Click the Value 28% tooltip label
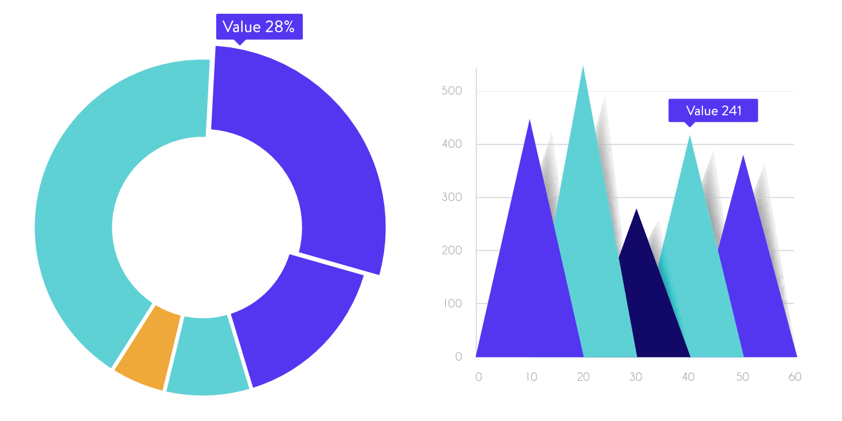pyautogui.click(x=259, y=27)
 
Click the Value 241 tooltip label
pyautogui.click(x=713, y=110)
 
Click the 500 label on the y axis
pyautogui.click(x=452, y=91)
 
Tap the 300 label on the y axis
pyautogui.click(x=452, y=198)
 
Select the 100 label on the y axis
pyautogui.click(x=452, y=304)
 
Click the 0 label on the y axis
pyautogui.click(x=459, y=357)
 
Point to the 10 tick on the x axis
pyautogui.click(x=531, y=377)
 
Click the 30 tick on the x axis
pyautogui.click(x=636, y=377)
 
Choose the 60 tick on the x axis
pyautogui.click(x=795, y=377)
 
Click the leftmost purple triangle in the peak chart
pyautogui.click(x=528, y=277)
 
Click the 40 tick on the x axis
pyautogui.click(x=689, y=377)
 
